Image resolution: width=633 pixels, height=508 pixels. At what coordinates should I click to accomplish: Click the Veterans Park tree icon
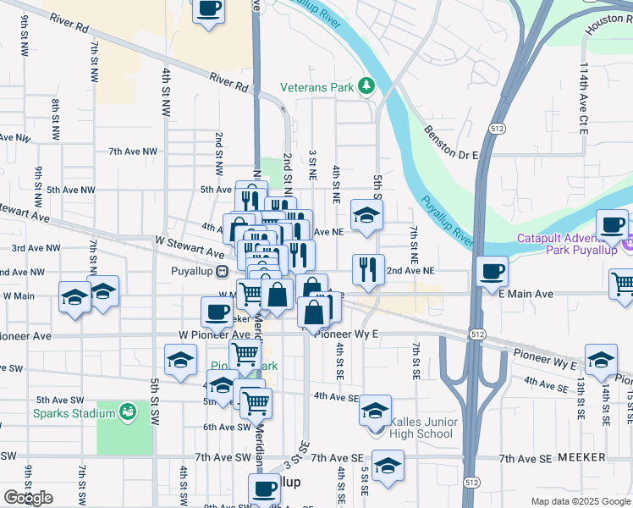(366, 86)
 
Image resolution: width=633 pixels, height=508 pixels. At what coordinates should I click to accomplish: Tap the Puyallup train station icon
(222, 272)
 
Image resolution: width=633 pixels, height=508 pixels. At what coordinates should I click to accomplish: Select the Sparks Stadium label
(62, 413)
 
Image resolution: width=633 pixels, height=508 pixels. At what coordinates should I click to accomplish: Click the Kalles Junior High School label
(425, 428)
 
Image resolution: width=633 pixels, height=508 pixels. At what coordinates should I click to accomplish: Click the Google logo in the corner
(28, 498)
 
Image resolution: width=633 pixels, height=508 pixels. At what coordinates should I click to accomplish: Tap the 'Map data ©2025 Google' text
(581, 501)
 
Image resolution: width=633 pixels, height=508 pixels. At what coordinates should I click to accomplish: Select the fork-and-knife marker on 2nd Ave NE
(367, 270)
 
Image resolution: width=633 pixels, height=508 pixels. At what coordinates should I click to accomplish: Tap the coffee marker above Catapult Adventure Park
(612, 225)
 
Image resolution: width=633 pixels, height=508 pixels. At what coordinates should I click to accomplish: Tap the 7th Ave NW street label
(132, 152)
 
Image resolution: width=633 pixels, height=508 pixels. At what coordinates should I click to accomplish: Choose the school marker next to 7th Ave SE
(388, 466)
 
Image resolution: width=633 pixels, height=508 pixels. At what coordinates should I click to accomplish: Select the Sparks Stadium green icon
(127, 412)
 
